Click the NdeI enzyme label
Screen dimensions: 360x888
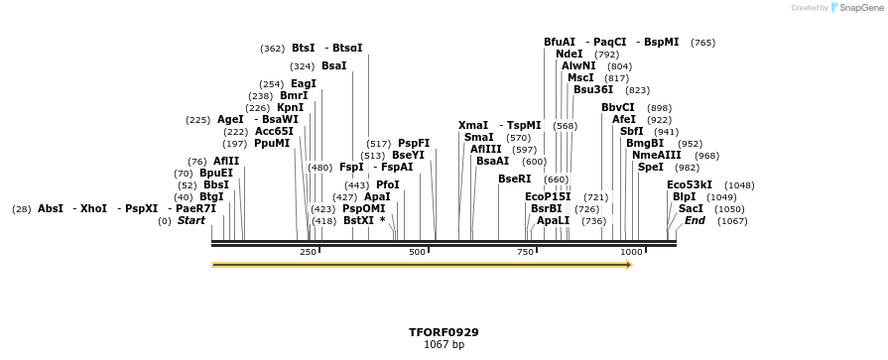570,55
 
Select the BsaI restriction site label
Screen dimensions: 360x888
334,66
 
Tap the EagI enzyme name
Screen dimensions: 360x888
304,84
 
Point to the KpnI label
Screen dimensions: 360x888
291,108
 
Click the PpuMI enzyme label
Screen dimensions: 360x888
272,144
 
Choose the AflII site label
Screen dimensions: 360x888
226,162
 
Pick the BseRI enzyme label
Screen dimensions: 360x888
515,180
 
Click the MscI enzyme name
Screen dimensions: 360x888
580,78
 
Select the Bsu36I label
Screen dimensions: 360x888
593,90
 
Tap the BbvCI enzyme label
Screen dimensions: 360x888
618,108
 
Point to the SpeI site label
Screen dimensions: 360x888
651,168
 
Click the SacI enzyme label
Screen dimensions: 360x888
692,209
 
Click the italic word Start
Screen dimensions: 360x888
191,221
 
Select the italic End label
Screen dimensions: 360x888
695,221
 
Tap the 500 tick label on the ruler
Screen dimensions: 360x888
418,253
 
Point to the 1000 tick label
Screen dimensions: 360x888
632,253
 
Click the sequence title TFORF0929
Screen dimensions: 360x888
444,332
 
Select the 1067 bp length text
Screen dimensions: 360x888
444,345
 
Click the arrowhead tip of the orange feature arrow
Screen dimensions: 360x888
631,265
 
